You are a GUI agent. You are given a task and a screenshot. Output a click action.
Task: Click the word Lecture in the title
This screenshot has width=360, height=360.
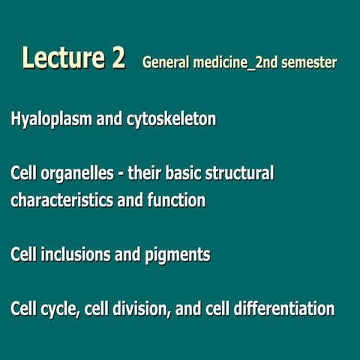(66, 58)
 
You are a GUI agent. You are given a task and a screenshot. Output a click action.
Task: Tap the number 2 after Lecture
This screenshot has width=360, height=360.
(117, 58)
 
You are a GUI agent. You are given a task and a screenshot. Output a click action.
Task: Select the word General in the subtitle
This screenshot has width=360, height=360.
(166, 62)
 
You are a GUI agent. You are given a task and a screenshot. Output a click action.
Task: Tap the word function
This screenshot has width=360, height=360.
(178, 201)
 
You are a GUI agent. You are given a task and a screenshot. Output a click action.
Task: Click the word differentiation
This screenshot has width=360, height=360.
(282, 309)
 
